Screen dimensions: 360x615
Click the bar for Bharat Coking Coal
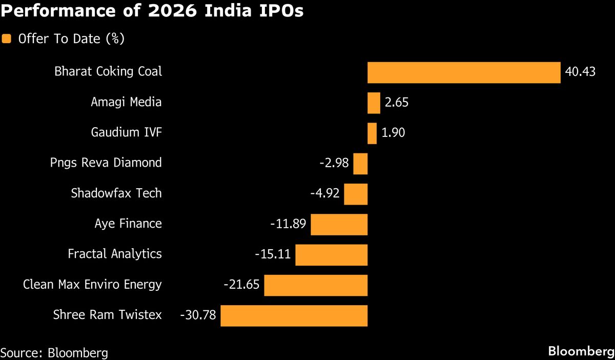coord(464,72)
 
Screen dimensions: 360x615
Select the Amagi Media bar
coord(374,103)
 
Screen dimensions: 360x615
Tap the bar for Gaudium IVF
coord(372,133)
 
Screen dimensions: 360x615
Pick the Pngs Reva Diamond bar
coord(360,164)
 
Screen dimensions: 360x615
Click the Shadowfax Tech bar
coord(356,194)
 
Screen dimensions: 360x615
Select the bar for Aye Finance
coord(339,225)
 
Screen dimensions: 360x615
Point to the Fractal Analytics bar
coord(332,255)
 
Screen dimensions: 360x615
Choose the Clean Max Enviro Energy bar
coord(316,285)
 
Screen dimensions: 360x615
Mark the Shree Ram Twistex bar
coord(294,315)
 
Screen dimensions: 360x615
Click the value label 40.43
coord(580,72)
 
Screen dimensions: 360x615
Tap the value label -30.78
coord(198,315)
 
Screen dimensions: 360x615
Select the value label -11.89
coord(288,224)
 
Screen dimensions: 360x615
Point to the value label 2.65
coord(397,103)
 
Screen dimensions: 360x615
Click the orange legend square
coord(7,39)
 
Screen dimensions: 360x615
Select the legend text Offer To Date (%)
coord(71,39)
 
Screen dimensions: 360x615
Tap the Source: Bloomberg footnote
coord(54,353)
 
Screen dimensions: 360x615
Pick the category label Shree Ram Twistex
coord(107,315)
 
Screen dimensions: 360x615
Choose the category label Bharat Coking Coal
coord(108,71)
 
